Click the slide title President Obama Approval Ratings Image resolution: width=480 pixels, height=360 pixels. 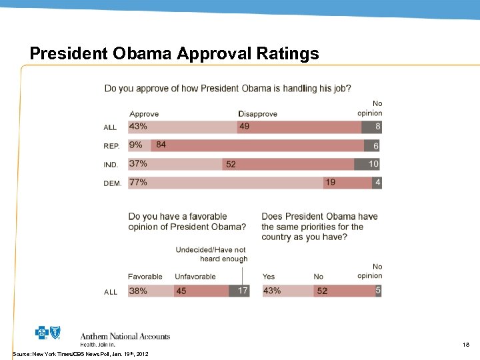(175, 53)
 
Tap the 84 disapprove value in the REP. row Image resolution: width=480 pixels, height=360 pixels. (161, 145)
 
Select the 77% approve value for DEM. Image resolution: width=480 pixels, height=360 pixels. (138, 182)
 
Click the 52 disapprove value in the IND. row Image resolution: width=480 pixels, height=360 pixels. (231, 164)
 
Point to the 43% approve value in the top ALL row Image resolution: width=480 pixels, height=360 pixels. (138, 127)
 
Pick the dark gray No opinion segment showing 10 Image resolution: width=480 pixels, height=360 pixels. (373, 164)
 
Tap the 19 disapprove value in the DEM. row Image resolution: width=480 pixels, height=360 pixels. (330, 182)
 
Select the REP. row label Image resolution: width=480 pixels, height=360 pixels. (111, 146)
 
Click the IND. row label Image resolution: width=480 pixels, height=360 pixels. (111, 165)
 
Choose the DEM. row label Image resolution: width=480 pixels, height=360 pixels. (112, 183)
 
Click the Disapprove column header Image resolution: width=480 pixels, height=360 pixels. (258, 114)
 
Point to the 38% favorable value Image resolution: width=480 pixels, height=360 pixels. (138, 291)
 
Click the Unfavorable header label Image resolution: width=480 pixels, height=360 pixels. (195, 277)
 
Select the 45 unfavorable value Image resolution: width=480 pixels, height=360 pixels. (181, 291)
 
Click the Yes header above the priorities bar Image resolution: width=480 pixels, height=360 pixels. (269, 277)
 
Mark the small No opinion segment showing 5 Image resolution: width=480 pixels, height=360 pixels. (377, 291)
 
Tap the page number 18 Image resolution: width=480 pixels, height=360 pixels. (466, 345)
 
